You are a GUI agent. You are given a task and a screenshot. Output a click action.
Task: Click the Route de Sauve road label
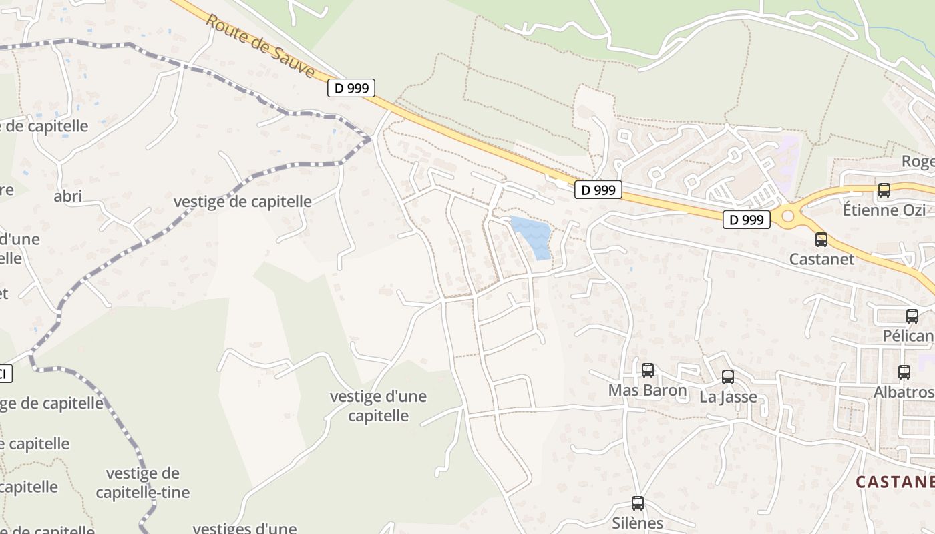tap(260, 45)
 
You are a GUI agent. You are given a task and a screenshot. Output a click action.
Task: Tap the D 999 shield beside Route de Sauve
tap(351, 88)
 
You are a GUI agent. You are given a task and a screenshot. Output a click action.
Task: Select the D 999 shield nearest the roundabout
tap(746, 219)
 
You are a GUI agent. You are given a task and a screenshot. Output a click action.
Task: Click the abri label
tap(67, 196)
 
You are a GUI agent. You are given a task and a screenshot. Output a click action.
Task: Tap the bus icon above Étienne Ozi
tap(884, 190)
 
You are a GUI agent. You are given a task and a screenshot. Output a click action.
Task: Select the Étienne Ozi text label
tap(884, 210)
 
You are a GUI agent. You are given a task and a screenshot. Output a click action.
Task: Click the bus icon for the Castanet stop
tap(821, 240)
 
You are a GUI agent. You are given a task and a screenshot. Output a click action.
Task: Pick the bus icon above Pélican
tap(912, 316)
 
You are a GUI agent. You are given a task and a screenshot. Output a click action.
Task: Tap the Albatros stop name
tap(904, 392)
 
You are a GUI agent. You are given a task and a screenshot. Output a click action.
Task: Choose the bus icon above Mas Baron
tap(648, 370)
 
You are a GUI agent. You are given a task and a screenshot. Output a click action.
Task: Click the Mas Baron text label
tap(647, 390)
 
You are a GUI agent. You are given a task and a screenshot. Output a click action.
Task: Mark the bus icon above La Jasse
tap(728, 377)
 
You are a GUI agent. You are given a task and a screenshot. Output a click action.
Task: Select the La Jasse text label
tap(728, 397)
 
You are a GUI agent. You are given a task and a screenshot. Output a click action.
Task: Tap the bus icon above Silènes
tap(638, 503)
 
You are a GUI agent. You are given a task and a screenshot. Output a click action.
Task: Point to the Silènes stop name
tap(638, 523)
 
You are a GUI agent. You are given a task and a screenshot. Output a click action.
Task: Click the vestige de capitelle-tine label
tap(142, 483)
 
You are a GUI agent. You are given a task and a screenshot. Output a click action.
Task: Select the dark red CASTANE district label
tap(895, 481)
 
